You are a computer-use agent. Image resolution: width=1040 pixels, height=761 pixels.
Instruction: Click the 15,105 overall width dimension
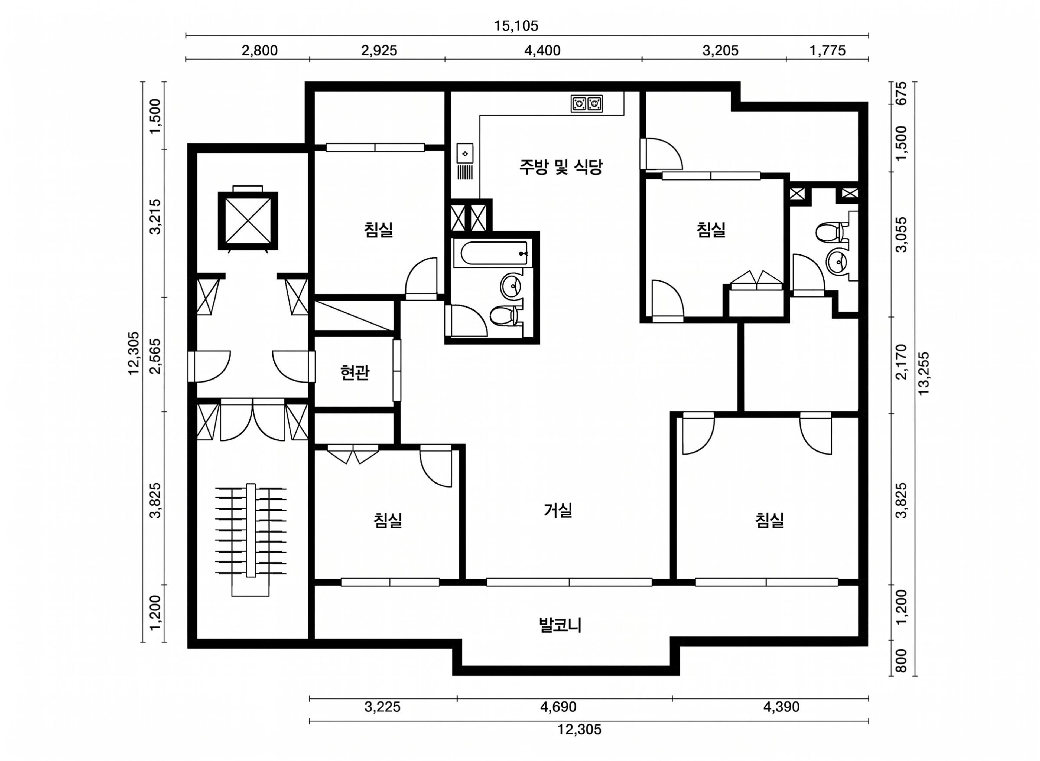pyautogui.click(x=516, y=26)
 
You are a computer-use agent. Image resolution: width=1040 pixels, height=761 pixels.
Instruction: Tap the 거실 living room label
pyautogui.click(x=558, y=510)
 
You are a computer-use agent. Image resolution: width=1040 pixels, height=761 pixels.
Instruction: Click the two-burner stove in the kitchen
pyautogui.click(x=587, y=104)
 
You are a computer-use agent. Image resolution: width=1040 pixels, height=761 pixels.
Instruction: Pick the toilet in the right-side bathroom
pyautogui.click(x=831, y=232)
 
